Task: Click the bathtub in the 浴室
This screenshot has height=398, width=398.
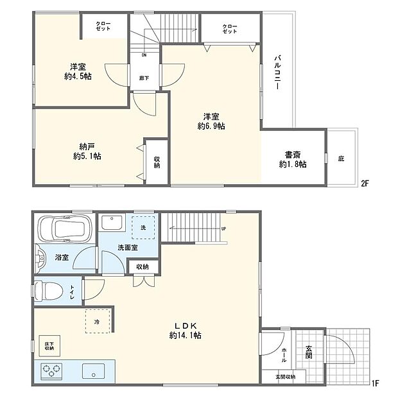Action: [x=64, y=228]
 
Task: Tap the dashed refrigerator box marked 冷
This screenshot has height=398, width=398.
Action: [x=97, y=321]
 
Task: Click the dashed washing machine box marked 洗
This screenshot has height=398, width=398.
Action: [x=143, y=227]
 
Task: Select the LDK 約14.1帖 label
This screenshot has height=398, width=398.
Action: [x=186, y=330]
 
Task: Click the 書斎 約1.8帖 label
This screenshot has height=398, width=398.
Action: [x=293, y=159]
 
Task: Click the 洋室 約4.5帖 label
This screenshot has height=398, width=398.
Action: [x=76, y=71]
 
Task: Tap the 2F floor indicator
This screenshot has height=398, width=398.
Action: [x=364, y=183]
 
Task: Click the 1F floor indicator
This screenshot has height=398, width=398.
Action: [x=374, y=384]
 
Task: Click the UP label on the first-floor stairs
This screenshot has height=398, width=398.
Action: [x=223, y=229]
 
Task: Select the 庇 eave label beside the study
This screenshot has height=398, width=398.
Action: [x=341, y=158]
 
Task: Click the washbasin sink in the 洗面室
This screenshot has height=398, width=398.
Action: [x=113, y=223]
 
